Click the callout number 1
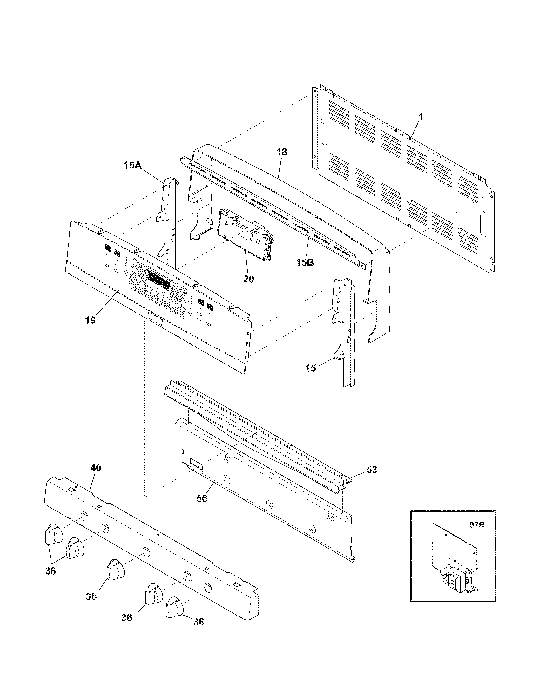pos(421,117)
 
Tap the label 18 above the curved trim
pos(282,152)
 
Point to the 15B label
pos(305,262)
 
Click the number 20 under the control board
pos(249,279)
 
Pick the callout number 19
pos(91,320)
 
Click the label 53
pos(372,470)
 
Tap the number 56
pos(202,498)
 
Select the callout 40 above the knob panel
pos(95,468)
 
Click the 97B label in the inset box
pos(477,525)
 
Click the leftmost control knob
pos(53,533)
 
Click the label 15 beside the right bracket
pos(311,368)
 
